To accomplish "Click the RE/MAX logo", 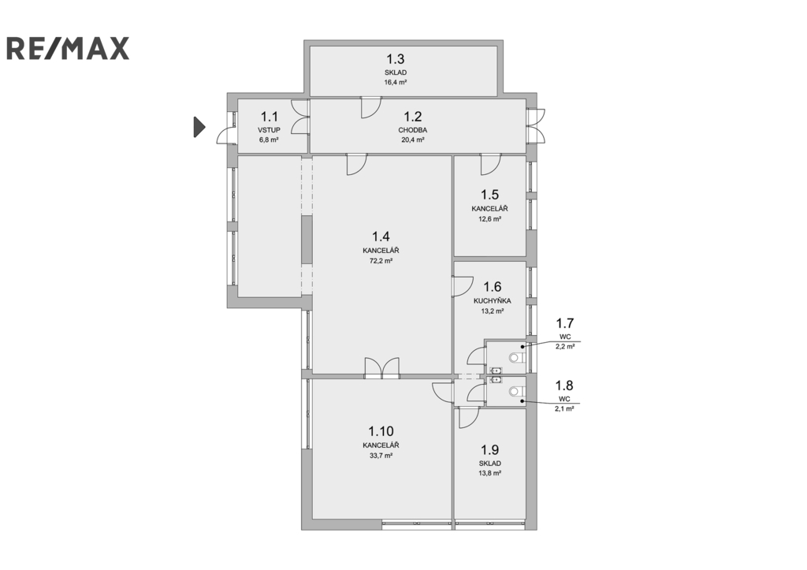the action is [x=68, y=48].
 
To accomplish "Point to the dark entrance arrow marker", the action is [x=199, y=127].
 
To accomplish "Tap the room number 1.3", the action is [x=396, y=58].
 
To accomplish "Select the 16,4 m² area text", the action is [x=396, y=82].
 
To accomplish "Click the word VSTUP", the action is [x=270, y=130].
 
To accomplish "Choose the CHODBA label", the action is [x=413, y=130].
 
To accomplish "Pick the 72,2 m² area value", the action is [x=381, y=260].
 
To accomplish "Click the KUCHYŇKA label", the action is [x=492, y=300].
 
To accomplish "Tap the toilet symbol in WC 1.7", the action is [x=515, y=357].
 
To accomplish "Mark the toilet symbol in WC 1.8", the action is [x=515, y=392].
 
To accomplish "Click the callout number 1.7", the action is [x=564, y=323].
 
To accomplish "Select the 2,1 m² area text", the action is [x=564, y=408].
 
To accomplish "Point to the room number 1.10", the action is [x=381, y=431].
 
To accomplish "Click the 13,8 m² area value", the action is [x=490, y=473].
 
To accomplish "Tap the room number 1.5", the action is [x=490, y=195].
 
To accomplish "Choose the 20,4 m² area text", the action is [x=413, y=140].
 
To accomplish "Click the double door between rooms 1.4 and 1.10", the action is [x=382, y=369].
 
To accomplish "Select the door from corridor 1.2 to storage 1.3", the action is [x=370, y=107].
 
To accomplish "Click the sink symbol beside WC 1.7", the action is [x=496, y=371].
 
